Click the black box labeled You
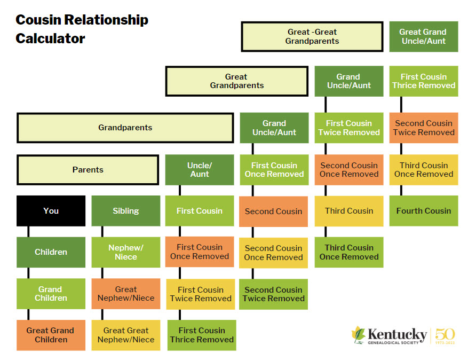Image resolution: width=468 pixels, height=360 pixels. (x=51, y=210)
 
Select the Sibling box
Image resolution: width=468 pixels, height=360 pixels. (x=125, y=210)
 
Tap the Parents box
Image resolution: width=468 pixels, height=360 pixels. (x=88, y=170)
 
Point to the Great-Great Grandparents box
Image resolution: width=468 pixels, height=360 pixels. (x=312, y=36)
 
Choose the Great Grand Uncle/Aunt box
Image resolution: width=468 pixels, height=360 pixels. (x=423, y=36)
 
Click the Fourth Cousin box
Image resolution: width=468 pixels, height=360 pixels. (x=423, y=210)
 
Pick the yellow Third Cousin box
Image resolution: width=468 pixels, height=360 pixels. (x=349, y=210)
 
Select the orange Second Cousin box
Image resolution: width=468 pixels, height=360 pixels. (x=273, y=211)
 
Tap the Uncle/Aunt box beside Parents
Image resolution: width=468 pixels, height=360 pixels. (x=200, y=170)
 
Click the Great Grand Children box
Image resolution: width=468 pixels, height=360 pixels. (x=51, y=335)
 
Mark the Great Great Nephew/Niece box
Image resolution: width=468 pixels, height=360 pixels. (x=125, y=335)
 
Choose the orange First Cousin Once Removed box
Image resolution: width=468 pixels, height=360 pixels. (x=200, y=252)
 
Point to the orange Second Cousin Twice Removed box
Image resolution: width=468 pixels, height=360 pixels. (x=423, y=128)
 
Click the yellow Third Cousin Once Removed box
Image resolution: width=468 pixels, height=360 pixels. (x=423, y=170)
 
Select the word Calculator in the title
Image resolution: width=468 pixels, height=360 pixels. (x=50, y=38)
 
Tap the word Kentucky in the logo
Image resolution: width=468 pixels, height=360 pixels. (x=398, y=334)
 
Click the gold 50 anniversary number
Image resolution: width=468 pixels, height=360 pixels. (x=445, y=334)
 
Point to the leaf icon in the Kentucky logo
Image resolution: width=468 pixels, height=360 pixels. (x=358, y=335)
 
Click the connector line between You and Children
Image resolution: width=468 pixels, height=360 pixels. (x=28, y=231)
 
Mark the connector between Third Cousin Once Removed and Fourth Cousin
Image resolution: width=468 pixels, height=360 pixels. (x=401, y=190)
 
